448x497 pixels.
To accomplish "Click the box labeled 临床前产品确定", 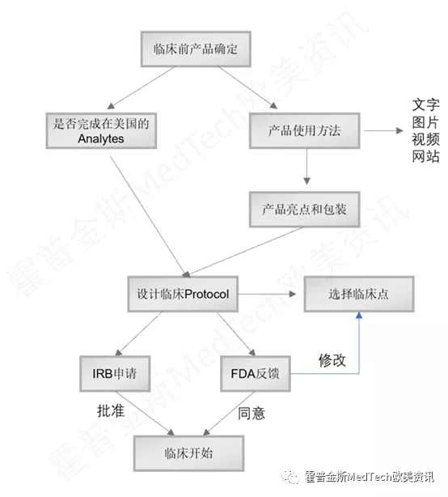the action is pos(196,49).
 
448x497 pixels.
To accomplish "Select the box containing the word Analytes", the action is pos(101,130).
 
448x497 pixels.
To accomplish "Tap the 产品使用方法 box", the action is pos(305,130).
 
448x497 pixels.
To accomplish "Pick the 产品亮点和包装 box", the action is pos(305,209).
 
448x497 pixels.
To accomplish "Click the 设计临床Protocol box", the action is pos(183,294).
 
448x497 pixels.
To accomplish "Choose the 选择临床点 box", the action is pos(359,294).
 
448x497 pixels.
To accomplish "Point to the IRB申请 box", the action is pos(115,374).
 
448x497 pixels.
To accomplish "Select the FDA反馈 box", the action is pos(256,374).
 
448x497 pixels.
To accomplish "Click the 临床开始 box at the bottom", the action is pos(188,453).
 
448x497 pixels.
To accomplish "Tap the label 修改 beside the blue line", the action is pos(332,360).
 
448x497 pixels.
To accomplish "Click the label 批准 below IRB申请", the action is pos(111,411).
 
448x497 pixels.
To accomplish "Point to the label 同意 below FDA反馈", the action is pos(251,414).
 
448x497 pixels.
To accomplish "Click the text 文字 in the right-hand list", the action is pos(426,105).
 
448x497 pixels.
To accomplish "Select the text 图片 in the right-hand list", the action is pos(426,122).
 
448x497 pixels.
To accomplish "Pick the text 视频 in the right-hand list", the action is pos(426,139).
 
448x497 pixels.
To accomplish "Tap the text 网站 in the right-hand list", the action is pos(426,156).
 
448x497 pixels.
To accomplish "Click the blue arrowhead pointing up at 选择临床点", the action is pos(359,316).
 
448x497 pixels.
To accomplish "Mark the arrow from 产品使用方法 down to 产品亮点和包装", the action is pos(306,167).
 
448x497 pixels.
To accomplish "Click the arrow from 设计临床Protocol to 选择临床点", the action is pos(267,294).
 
